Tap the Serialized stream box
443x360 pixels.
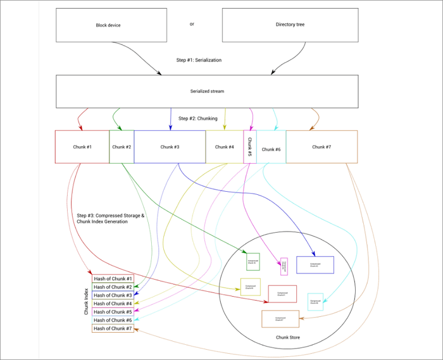[x=207, y=91]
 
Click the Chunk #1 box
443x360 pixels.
[x=82, y=147]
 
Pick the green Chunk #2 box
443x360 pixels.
[x=122, y=147]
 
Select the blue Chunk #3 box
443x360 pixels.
[x=170, y=147]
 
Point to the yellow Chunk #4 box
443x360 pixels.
[x=225, y=147]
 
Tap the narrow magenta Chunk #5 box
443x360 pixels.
[x=250, y=147]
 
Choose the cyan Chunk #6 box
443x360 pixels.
[x=271, y=149]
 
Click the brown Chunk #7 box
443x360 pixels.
[x=321, y=147]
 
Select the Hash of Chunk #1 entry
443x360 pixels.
[x=113, y=279]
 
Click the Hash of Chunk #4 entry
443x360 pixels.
[x=113, y=304]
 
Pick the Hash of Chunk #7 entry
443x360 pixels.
[x=113, y=328]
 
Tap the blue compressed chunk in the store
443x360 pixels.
[x=314, y=264]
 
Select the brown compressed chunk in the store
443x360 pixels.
[x=280, y=318]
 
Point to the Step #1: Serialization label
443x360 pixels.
[x=199, y=60]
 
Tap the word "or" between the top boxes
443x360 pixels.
[x=192, y=25]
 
